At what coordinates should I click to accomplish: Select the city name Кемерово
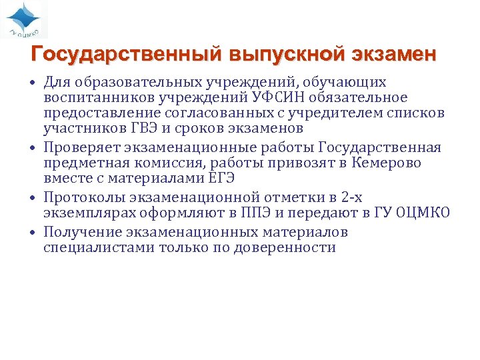click(x=387, y=163)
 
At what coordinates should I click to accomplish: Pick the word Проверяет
click(x=84, y=147)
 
